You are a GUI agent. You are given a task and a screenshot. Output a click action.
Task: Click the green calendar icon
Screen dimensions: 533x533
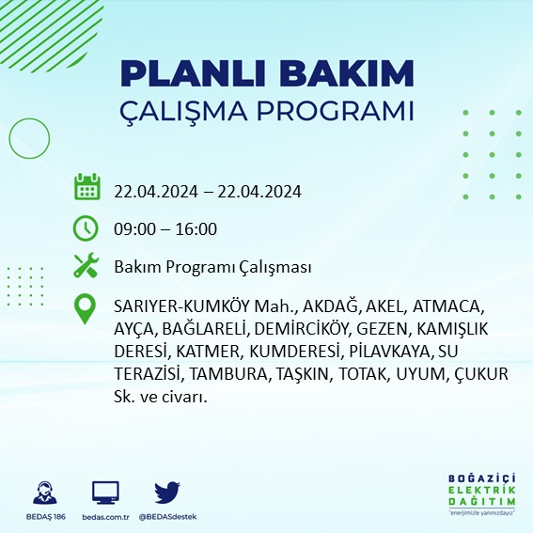click(x=86, y=186)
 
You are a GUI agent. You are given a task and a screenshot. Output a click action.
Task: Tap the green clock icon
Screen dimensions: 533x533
click(x=86, y=227)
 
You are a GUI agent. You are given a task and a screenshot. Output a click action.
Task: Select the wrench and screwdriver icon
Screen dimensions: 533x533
click(x=86, y=267)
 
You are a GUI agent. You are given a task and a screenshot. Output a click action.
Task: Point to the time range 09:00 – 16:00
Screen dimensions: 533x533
click(x=165, y=228)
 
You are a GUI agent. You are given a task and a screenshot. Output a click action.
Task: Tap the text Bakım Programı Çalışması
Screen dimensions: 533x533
click(x=212, y=268)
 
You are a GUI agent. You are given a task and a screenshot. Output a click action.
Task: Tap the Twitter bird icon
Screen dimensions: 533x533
click(x=166, y=494)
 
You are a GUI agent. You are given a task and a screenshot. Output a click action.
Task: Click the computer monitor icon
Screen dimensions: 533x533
click(x=105, y=494)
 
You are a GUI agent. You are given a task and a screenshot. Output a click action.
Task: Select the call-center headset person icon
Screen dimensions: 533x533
click(x=43, y=494)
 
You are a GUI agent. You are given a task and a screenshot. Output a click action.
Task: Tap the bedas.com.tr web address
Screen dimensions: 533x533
click(x=105, y=518)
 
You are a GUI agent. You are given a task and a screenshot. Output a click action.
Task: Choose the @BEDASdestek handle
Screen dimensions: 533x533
click(x=170, y=518)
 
